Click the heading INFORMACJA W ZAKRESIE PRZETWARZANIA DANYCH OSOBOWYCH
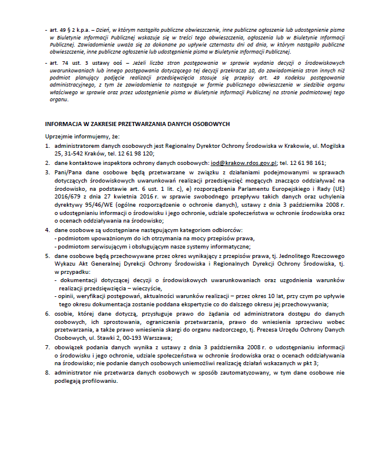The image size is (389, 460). click(133, 124)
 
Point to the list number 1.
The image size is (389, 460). click(47, 144)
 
